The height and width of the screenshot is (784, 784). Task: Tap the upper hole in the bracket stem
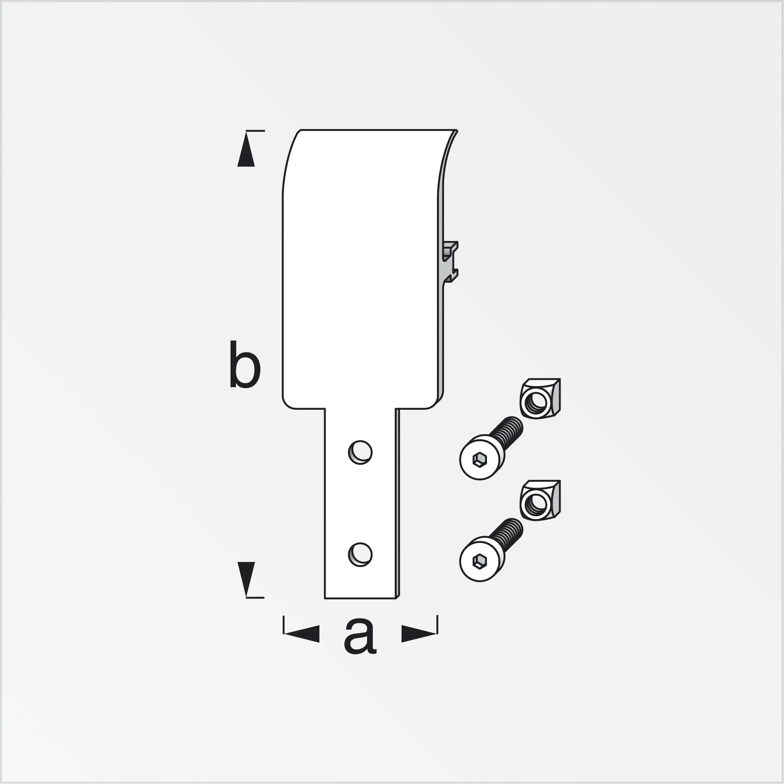click(360, 452)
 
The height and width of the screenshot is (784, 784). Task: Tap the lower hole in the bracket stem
click(360, 554)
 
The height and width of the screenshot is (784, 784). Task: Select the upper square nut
click(540, 398)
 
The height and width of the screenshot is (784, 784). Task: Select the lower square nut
click(540, 500)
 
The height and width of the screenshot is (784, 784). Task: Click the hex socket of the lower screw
click(480, 561)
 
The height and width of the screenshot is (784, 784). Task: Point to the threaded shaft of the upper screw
click(507, 433)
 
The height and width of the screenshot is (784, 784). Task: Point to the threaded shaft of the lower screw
click(507, 535)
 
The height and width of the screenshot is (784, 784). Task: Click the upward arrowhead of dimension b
click(246, 152)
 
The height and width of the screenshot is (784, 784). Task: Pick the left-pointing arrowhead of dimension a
click(302, 633)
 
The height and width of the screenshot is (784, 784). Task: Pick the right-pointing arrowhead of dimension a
click(418, 633)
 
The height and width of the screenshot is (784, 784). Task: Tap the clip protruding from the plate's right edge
click(451, 262)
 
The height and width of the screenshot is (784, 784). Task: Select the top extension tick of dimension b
click(255, 131)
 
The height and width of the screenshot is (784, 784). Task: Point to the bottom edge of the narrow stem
click(360, 598)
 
